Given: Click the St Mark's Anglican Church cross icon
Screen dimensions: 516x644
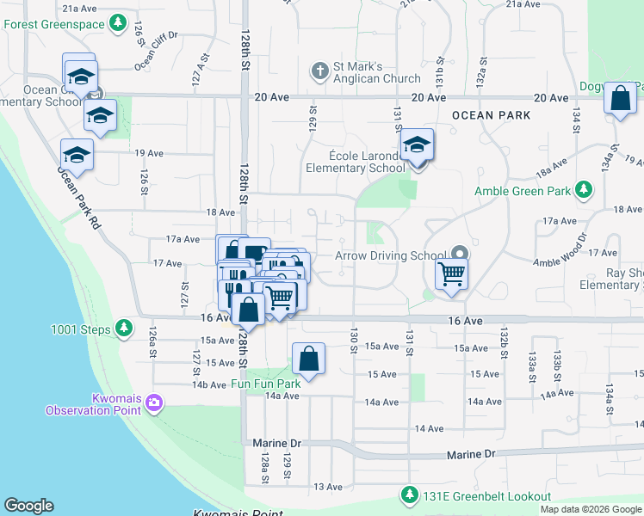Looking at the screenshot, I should (319, 71).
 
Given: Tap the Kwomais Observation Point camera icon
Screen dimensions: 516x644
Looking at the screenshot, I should (154, 402).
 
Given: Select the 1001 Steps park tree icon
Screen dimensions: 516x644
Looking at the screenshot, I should (124, 328).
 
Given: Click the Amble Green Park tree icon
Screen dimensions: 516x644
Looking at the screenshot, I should (584, 189).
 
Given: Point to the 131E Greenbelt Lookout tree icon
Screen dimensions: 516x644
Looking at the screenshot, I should (408, 496).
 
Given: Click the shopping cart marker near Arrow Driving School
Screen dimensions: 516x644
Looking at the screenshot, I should (451, 275).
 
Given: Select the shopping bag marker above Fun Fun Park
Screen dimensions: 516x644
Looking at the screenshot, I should (308, 359).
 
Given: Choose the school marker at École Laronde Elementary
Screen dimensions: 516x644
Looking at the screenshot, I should (417, 145).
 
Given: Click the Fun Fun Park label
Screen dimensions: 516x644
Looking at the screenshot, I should (266, 383).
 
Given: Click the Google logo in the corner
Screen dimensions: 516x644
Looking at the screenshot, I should (28, 506).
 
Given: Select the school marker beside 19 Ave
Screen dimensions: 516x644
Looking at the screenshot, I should (76, 155).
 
